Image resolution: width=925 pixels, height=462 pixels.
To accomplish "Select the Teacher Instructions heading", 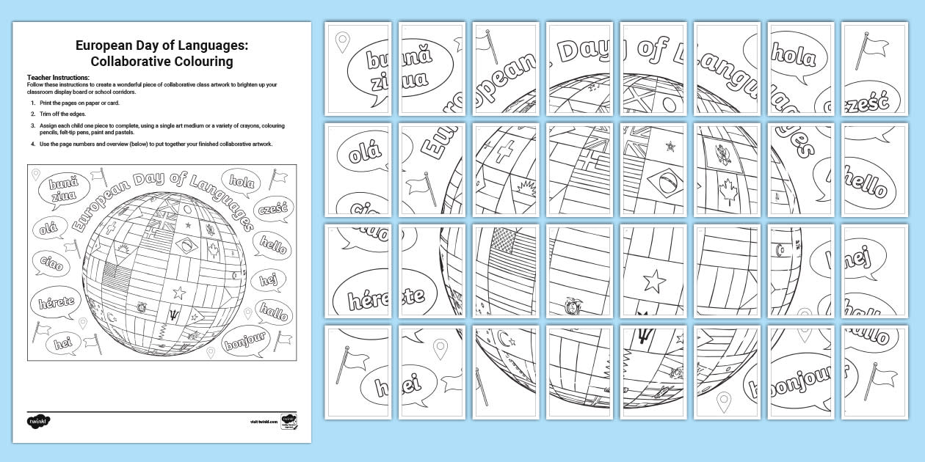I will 58,77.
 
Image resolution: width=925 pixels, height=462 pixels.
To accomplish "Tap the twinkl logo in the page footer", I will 39,422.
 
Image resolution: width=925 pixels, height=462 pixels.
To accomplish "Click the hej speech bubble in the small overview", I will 266,279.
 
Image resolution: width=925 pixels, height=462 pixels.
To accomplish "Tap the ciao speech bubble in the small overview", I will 51,262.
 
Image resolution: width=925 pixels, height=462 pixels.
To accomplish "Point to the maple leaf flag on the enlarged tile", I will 728,192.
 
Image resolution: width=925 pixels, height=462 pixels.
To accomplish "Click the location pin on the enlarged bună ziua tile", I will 341,41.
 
